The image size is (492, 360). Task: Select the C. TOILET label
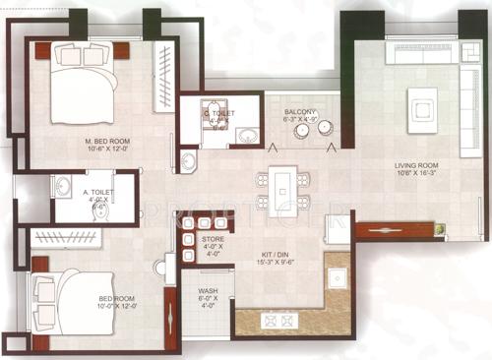click(219, 112)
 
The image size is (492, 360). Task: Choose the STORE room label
click(214, 239)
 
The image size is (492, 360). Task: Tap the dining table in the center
click(282, 190)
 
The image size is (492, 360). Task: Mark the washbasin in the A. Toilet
click(64, 186)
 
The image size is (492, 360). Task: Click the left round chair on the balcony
click(302, 129)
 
